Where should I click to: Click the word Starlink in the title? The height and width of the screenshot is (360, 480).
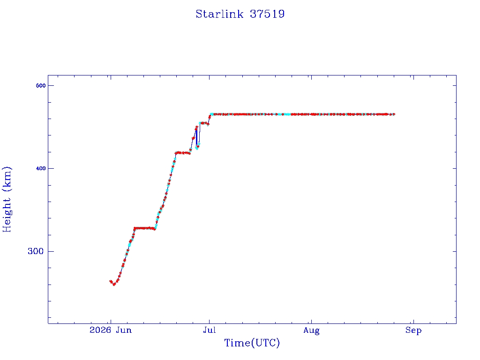pos(219,14)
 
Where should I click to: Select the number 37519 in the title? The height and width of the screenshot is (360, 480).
pos(267,14)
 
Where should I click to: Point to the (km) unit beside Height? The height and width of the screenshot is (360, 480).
pos(7,179)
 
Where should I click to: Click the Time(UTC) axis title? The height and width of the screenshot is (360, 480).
pos(252,343)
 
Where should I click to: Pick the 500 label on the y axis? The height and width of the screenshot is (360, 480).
pos(40,86)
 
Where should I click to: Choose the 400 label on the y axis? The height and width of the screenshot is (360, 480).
pos(40,168)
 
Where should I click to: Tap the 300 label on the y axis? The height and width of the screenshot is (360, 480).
pos(36,251)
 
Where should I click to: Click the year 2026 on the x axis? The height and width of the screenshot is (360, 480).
pos(100,330)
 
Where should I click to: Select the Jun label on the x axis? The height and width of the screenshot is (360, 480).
pos(124,330)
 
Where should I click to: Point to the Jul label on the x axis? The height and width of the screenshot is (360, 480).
pos(210,330)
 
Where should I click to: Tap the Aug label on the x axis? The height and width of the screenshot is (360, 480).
pos(311,330)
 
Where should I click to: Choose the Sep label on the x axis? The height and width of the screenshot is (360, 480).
pos(413,330)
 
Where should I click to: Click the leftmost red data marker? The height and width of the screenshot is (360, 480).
pos(111,281)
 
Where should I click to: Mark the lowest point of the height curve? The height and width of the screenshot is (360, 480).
pos(114,285)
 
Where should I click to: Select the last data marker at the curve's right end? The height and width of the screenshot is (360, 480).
pos(393,114)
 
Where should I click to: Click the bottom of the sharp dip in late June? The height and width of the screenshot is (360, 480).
pos(197,149)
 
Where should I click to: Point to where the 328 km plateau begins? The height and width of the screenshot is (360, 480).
pos(135,228)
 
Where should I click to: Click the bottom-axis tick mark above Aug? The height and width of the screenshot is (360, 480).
pos(311,321)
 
